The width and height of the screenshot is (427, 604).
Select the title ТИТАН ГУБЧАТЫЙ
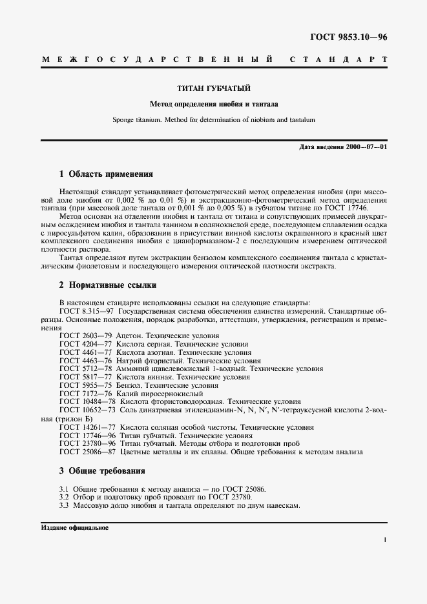213,88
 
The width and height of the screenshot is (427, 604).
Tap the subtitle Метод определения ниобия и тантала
213,103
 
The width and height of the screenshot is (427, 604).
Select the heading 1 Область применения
106,174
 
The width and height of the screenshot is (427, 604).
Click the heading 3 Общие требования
102,470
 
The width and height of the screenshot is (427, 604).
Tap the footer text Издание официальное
74,527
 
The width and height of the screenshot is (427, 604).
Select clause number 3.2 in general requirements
64,498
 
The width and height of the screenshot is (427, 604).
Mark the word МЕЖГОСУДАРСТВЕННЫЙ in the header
155,59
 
